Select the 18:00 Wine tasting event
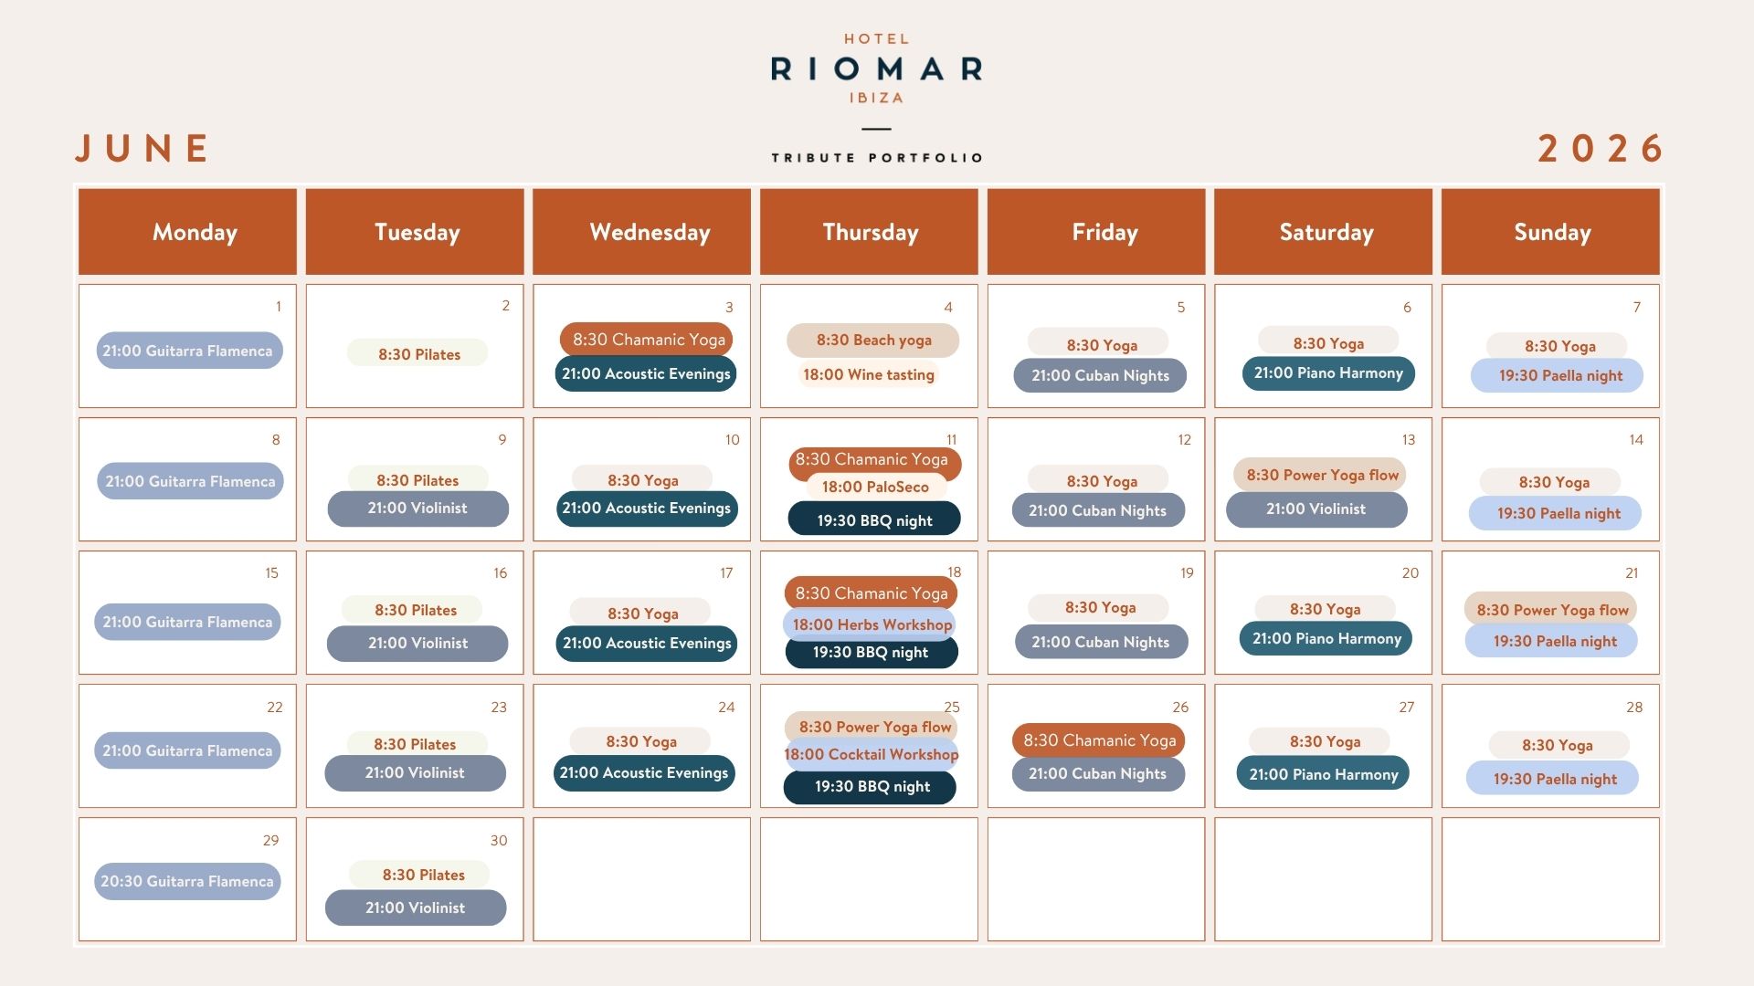tap(868, 374)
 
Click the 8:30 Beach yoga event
tap(873, 341)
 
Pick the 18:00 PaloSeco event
tap(875, 487)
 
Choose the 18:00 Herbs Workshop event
tap(871, 624)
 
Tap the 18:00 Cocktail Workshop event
tap(871, 754)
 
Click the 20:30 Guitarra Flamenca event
tap(187, 882)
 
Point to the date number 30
tap(499, 841)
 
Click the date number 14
tap(1636, 440)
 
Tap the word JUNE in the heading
tap(143, 148)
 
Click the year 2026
tap(1600, 148)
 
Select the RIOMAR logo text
tap(877, 68)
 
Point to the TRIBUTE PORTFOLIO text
tap(877, 158)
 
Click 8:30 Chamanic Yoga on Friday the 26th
tap(1099, 740)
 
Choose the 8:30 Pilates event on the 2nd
tap(417, 353)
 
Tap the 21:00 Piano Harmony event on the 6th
tap(1328, 373)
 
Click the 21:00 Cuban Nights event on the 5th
tap(1100, 375)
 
